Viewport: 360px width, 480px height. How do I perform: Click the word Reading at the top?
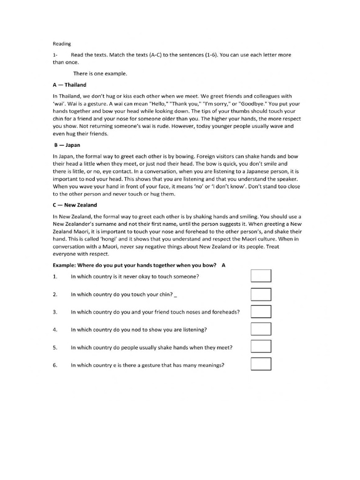point(61,44)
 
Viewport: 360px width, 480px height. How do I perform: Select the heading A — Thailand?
point(69,85)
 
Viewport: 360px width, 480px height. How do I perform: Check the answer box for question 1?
point(261,276)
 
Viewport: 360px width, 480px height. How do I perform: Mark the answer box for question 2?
point(261,294)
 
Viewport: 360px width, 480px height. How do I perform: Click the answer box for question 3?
point(261,311)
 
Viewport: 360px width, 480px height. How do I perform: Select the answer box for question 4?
point(261,329)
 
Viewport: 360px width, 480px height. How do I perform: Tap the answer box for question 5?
point(261,346)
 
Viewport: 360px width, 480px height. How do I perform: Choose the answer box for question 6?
point(261,364)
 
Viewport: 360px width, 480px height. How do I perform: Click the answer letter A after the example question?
point(224,265)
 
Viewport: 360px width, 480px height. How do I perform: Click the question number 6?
point(55,365)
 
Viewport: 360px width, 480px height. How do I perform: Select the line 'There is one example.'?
point(100,74)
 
